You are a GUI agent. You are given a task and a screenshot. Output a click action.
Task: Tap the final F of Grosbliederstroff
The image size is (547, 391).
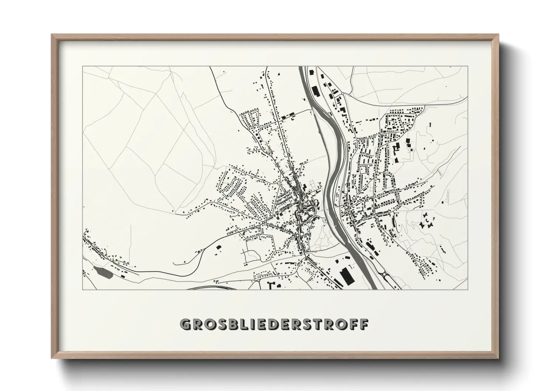[x=365, y=324]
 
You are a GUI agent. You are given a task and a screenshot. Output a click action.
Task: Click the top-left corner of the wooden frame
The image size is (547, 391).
[x=52, y=35]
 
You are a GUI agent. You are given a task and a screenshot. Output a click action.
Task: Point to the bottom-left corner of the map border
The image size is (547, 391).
[x=82, y=289]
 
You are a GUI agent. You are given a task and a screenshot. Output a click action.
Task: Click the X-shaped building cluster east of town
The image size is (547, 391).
[x=427, y=222]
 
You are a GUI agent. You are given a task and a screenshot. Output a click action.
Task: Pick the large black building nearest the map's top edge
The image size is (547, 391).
[x=315, y=91]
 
